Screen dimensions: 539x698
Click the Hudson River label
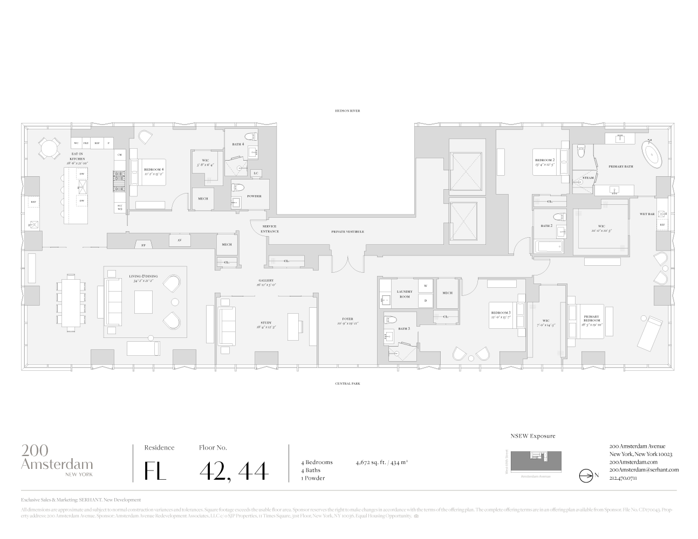point(346,110)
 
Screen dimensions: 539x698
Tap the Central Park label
point(346,384)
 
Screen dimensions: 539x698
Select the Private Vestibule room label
point(347,232)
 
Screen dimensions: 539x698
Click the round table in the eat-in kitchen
point(49,147)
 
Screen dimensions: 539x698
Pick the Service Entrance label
point(270,229)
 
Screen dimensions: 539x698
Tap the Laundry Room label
point(405,294)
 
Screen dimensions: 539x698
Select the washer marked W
point(425,285)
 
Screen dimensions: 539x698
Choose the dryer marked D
point(425,300)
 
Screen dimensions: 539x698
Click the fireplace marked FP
point(143,245)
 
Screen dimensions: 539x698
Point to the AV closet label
point(179,240)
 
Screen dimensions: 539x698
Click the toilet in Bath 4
point(250,137)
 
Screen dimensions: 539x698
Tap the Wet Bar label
point(647,214)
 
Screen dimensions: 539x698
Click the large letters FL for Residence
point(155,471)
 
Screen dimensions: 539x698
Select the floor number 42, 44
point(234,471)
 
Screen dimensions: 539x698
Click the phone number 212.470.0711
point(623,478)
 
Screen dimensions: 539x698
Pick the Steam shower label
point(588,178)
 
